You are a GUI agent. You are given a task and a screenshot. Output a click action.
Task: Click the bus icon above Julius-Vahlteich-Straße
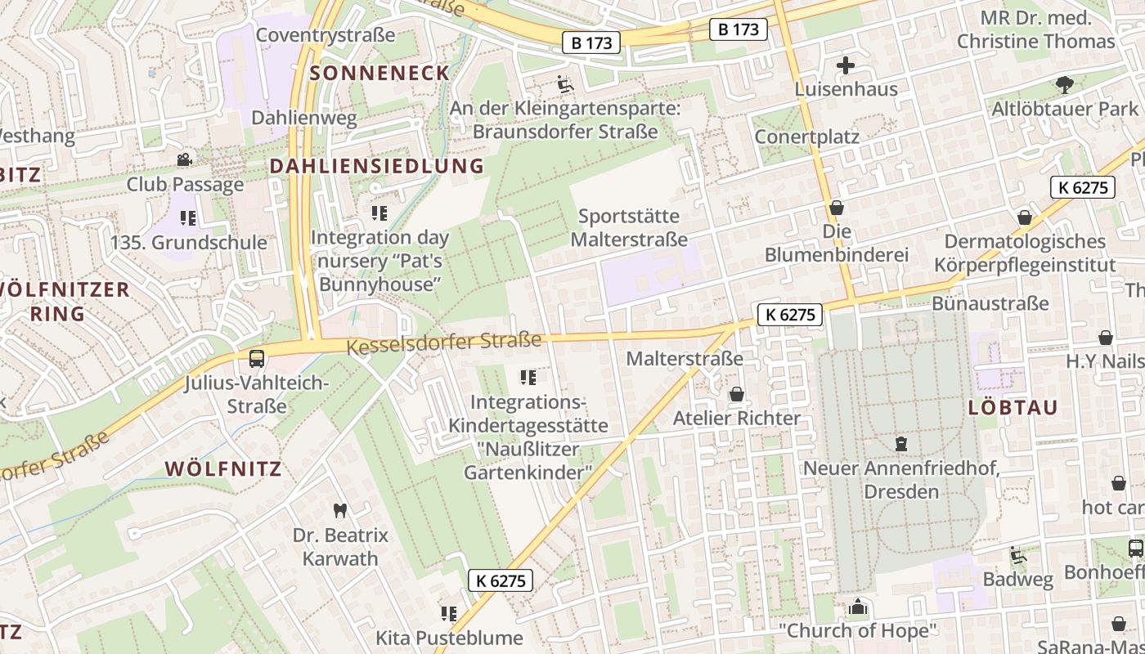point(256,358)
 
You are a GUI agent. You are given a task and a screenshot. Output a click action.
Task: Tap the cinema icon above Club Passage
point(185,159)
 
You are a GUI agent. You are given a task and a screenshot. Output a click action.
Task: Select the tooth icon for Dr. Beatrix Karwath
point(340,511)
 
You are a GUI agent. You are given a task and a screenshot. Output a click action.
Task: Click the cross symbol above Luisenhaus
point(846,65)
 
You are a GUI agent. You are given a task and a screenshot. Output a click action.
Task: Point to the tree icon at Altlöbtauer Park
point(1064,83)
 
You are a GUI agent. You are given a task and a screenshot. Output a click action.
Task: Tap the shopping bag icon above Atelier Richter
point(736,395)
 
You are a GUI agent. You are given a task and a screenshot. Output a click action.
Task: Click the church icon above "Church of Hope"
point(857,607)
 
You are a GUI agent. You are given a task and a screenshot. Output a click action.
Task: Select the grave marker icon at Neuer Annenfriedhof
point(901,444)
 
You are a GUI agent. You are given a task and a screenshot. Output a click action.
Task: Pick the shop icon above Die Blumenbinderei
point(836,208)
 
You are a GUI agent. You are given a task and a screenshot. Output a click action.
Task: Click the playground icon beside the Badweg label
point(1017,555)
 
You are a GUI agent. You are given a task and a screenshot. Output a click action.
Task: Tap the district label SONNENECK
point(379,73)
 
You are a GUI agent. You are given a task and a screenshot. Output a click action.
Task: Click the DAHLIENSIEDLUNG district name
point(376,166)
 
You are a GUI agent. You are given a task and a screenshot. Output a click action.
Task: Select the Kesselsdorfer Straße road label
point(444,343)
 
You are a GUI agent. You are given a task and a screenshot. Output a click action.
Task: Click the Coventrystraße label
point(326,35)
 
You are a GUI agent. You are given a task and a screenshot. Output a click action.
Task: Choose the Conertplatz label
point(806,137)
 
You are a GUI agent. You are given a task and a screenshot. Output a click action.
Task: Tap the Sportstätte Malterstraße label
point(629,228)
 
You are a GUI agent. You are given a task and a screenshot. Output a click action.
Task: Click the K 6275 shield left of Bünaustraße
point(789,315)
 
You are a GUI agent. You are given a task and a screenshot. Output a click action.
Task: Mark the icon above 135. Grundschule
point(188,218)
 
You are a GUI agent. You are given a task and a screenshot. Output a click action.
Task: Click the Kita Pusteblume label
point(449,638)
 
